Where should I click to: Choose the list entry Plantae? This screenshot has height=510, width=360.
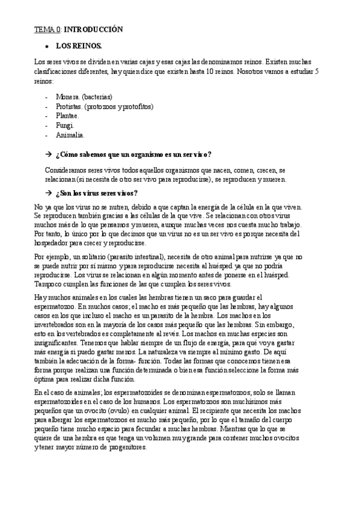[67, 115]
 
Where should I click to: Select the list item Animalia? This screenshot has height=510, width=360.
[70, 135]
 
